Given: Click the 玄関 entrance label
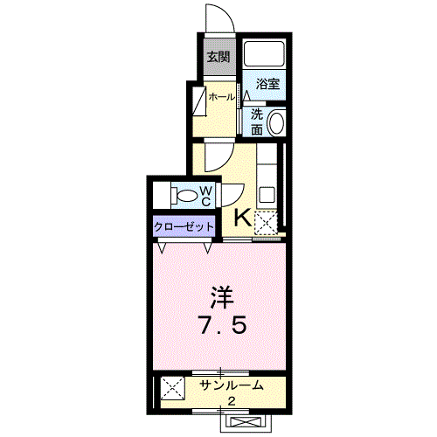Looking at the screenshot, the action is [x=218, y=57].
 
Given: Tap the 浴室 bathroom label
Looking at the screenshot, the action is [x=267, y=84].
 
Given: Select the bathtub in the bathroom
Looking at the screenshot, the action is [x=264, y=54].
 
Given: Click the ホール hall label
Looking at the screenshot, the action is [x=222, y=97].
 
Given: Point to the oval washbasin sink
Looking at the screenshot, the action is [x=276, y=122].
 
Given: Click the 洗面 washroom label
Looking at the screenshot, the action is [x=257, y=122].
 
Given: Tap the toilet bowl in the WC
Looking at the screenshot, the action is [x=186, y=196].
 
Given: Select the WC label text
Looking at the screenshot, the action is [x=206, y=196].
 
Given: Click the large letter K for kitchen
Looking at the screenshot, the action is [x=243, y=218].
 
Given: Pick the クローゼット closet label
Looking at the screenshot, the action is [x=184, y=226].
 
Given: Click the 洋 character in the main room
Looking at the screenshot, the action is [x=222, y=297].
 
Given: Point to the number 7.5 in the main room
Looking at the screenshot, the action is [x=223, y=324].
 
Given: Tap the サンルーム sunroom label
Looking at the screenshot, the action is [x=232, y=385].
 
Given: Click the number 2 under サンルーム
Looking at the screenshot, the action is [x=232, y=402].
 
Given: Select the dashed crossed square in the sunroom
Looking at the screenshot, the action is [x=173, y=388].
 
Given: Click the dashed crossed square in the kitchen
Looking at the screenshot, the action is [x=266, y=222].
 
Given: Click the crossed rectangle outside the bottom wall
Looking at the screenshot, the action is [x=245, y=421].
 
